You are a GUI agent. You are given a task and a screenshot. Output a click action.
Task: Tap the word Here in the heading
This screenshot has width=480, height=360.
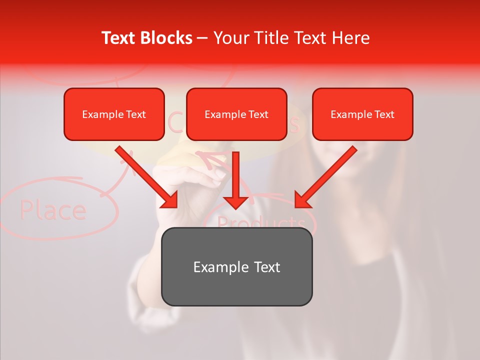351,38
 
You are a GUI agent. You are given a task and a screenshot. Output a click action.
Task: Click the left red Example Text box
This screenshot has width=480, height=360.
114,114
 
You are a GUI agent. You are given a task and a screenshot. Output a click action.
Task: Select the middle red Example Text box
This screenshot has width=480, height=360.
236,114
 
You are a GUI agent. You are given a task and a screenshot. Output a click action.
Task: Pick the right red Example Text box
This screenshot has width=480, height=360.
362,114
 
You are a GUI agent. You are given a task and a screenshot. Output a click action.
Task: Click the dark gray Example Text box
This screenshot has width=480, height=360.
236,266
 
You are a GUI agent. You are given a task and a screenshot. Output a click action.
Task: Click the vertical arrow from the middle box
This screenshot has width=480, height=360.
235,180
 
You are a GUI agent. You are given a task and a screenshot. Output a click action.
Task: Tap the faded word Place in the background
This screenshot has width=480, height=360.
53,210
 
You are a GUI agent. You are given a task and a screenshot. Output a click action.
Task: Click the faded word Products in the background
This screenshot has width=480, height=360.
261,222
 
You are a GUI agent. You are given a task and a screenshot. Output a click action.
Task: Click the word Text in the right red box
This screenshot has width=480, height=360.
384,114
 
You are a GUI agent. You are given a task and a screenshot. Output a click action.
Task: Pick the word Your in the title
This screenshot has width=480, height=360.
231,38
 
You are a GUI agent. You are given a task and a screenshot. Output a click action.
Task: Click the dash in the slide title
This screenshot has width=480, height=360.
202,38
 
